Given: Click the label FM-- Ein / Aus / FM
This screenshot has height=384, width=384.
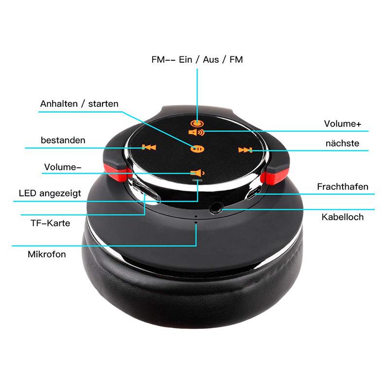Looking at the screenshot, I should point(196,60).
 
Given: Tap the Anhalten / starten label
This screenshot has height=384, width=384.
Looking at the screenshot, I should point(79,104).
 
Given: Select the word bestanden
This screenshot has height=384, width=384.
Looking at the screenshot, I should point(63,140).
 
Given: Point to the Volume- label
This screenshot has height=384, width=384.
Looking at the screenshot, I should point(63,167).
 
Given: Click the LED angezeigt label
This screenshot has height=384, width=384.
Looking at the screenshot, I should point(50,193).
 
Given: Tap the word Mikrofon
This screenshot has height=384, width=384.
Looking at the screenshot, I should point(47,254).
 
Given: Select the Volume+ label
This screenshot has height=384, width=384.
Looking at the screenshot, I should point(343,124).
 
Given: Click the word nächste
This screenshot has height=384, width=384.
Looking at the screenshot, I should point(342,143).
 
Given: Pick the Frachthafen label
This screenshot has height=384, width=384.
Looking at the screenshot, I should point(343,186).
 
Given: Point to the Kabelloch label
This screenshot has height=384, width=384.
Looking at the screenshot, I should point(342,217).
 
